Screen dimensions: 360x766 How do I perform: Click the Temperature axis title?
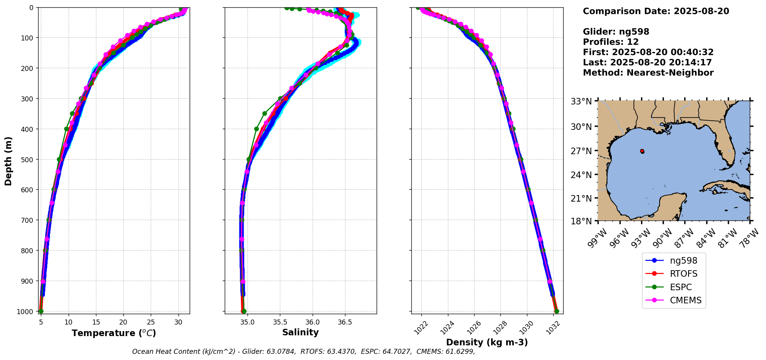click(114, 333)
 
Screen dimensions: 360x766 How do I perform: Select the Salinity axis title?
click(300, 333)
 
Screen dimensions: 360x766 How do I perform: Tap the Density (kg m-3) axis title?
click(487, 342)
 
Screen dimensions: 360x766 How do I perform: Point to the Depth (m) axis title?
click(8, 161)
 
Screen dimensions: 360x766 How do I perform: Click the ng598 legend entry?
click(683, 261)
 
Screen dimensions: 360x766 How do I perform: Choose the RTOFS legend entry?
click(684, 274)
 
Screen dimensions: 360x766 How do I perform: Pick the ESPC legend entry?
click(681, 287)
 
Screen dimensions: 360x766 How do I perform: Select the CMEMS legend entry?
click(685, 301)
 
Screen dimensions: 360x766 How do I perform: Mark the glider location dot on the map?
click(642, 151)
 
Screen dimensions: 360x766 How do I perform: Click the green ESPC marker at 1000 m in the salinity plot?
click(244, 311)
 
